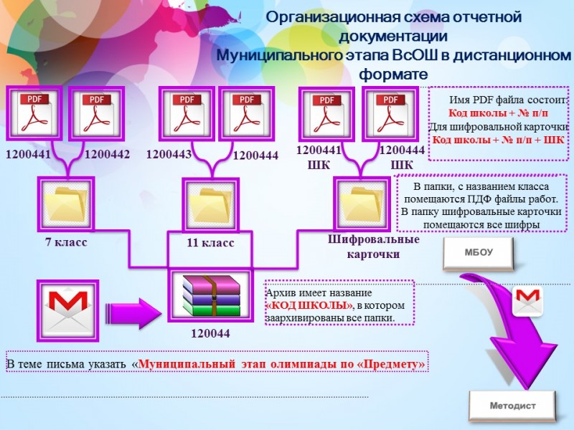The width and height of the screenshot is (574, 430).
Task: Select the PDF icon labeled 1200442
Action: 96,114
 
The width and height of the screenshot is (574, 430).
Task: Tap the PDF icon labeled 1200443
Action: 186,113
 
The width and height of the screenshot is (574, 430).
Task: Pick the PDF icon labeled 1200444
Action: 247,113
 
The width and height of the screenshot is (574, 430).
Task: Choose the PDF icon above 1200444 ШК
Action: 390,113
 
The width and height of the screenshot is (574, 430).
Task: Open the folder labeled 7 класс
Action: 65,204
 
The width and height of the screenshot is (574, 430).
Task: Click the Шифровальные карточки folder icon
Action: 361,204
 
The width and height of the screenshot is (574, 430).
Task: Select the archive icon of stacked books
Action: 210,295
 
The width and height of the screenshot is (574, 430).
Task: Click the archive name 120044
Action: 210,333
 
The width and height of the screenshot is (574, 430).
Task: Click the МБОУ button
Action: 479,252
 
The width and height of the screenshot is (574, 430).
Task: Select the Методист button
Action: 512,405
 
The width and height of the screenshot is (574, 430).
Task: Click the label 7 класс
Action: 66,242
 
